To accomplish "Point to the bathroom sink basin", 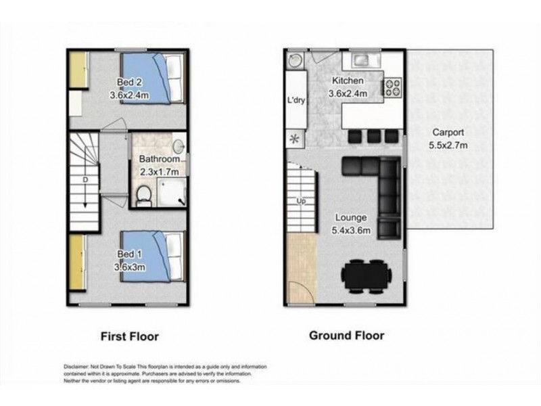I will pyautogui.click(x=179, y=146).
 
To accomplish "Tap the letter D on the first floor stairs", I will pyautogui.click(x=85, y=180).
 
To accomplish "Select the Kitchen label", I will pyautogui.click(x=348, y=81).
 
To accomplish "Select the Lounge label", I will pyautogui.click(x=351, y=217).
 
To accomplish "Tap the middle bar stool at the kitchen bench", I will pyautogui.click(x=374, y=137).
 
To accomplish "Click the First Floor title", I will pyautogui.click(x=130, y=336).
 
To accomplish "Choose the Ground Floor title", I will pyautogui.click(x=346, y=335).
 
